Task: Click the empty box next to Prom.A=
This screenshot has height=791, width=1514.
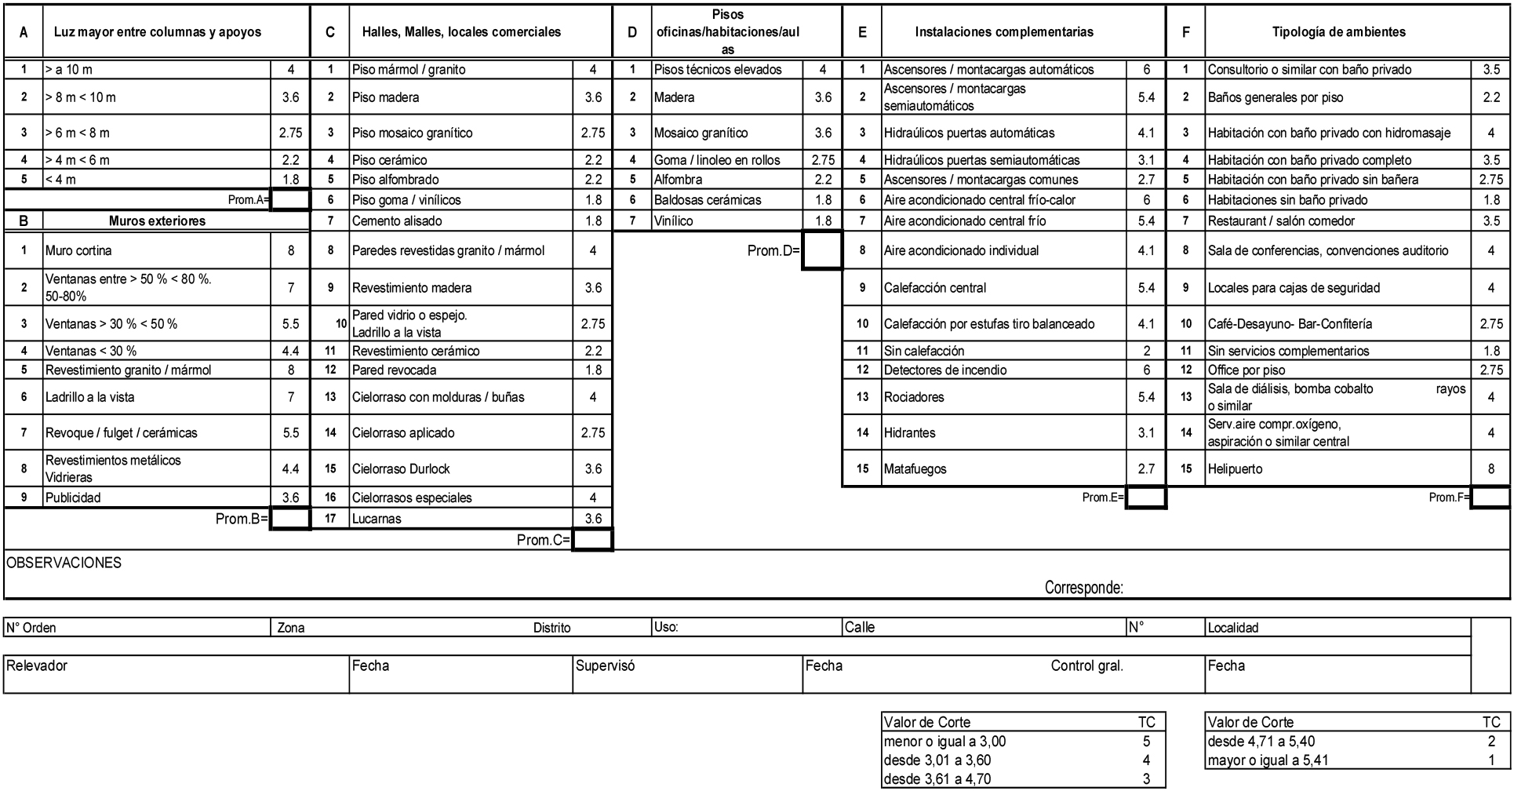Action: click(290, 200)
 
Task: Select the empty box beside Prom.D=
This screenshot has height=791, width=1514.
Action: click(821, 251)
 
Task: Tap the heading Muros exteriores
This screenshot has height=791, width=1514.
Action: click(157, 221)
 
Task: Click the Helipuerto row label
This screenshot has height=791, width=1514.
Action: click(1236, 469)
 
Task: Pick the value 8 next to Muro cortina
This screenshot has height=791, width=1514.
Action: click(291, 251)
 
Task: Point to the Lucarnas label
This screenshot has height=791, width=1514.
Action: click(377, 519)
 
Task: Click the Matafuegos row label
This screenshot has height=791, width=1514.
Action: click(915, 469)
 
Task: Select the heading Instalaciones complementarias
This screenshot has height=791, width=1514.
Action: click(1004, 32)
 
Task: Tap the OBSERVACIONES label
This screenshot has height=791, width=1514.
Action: click(64, 563)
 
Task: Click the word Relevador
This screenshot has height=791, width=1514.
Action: click(37, 666)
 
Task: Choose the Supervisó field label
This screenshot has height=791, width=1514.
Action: click(605, 666)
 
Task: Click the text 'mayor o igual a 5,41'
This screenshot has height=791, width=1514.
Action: click(1268, 760)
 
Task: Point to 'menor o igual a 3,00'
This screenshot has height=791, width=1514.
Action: click(944, 742)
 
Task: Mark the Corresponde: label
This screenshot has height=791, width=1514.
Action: click(1083, 588)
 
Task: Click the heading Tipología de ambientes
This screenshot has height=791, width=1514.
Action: click(1338, 32)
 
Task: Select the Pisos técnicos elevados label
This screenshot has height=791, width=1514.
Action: click(718, 70)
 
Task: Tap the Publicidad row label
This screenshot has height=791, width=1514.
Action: click(73, 498)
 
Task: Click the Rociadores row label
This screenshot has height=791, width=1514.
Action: click(914, 397)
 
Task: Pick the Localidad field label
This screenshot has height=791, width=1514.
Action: click(1233, 628)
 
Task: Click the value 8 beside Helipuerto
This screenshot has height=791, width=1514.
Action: click(1490, 469)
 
